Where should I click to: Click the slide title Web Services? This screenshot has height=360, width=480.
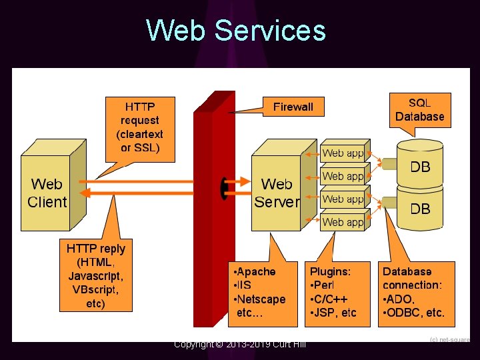coord(236,31)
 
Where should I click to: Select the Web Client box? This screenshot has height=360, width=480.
coord(47,193)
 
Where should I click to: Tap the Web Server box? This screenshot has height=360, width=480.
coord(277,193)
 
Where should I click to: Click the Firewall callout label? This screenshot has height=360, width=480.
coord(293,107)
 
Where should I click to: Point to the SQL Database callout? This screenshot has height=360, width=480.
coord(419,109)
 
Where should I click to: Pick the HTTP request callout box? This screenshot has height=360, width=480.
coord(140,127)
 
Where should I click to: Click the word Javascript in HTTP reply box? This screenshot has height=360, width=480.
coord(95,276)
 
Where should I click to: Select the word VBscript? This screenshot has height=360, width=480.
coord(95,290)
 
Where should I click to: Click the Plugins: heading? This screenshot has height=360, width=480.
coord(330,272)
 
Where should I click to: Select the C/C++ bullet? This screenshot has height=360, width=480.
coord(328,299)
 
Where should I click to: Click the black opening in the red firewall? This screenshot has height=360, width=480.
coord(225,187)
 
